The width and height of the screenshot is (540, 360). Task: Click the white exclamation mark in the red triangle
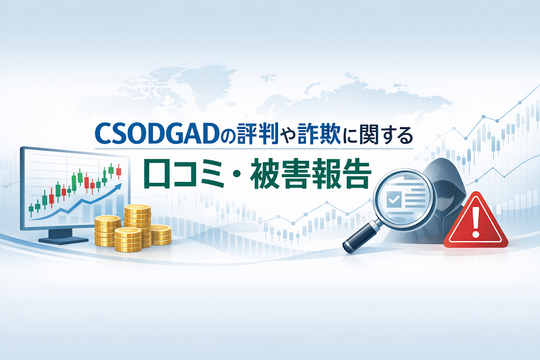tap(476, 221)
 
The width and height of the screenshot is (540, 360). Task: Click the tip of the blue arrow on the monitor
tap(120, 187)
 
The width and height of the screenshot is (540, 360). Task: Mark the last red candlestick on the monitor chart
tap(118, 172)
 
